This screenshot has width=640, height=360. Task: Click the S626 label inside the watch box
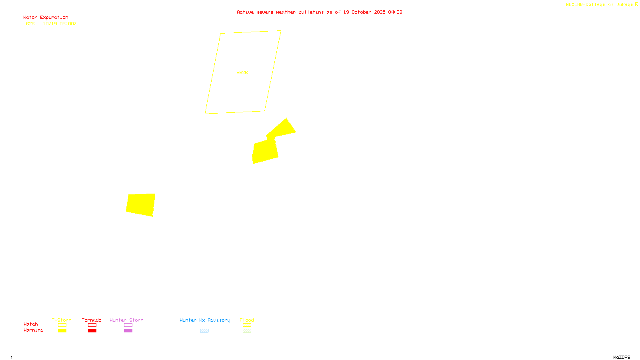[x=242, y=72]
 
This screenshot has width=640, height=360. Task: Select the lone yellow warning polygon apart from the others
[x=141, y=204]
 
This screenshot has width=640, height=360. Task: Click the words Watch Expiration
[x=46, y=18]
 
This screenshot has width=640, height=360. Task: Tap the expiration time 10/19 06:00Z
[x=60, y=24]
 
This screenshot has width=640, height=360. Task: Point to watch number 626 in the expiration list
[x=30, y=24]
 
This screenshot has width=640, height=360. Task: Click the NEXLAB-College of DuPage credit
[x=600, y=5]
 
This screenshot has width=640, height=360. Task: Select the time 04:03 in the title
[x=395, y=12]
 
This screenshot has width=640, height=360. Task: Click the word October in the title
[x=361, y=12]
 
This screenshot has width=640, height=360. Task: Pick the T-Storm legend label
[x=62, y=320]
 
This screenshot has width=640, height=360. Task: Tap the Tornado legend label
[x=92, y=320]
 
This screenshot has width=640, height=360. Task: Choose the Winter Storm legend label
[x=126, y=320]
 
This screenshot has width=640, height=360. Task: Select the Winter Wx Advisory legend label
[x=205, y=320]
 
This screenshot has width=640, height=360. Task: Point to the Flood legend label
[x=247, y=320]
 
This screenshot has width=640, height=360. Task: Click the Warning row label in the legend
[x=33, y=330]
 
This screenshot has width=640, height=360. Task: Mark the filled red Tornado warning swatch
[x=92, y=331]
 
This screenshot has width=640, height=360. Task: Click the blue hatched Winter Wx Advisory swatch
[x=204, y=331]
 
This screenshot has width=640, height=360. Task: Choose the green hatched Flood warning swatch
[x=247, y=331]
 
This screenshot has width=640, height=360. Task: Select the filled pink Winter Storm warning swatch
[x=128, y=331]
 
